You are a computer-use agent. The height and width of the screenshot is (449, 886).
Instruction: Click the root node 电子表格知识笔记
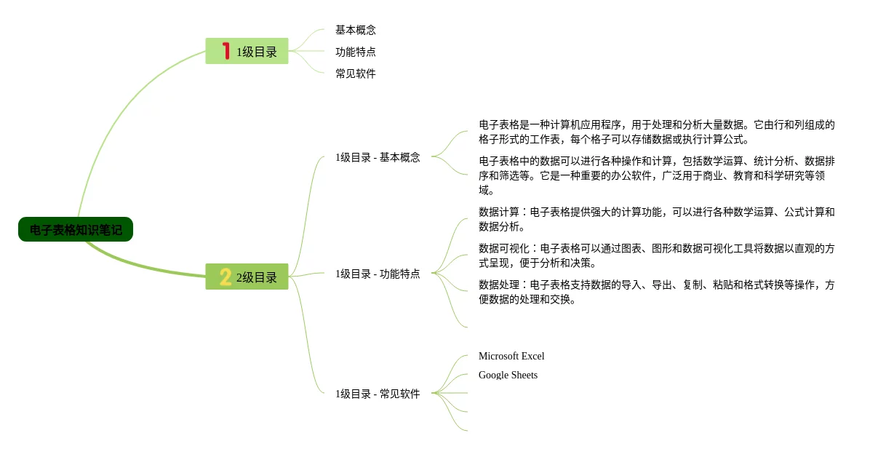pyautogui.click(x=76, y=230)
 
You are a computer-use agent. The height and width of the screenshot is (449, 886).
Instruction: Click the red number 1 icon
pyautogui.click(x=226, y=51)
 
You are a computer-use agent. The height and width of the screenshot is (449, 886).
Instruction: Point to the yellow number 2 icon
pyautogui.click(x=226, y=277)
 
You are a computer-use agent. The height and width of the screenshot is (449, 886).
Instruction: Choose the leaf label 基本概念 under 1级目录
pyautogui.click(x=355, y=31)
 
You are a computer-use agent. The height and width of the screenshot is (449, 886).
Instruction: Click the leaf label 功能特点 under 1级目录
pyautogui.click(x=355, y=52)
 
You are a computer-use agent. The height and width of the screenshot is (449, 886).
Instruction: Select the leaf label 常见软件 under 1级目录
pyautogui.click(x=355, y=74)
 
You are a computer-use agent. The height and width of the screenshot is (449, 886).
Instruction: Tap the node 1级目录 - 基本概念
pyautogui.click(x=378, y=158)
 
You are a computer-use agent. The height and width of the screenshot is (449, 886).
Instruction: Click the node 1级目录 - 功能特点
pyautogui.click(x=378, y=274)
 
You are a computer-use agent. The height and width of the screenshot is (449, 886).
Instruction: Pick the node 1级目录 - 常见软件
pyautogui.click(x=378, y=394)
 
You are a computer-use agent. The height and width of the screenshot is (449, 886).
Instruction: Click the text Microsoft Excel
pyautogui.click(x=511, y=357)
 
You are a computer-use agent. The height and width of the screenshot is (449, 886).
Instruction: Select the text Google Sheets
pyautogui.click(x=508, y=376)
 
